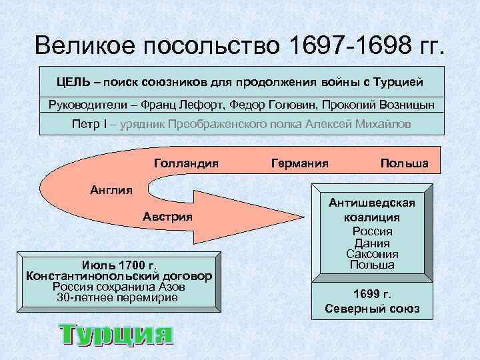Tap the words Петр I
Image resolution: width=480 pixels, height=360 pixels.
point(93,125)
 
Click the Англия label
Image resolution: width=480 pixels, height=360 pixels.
point(111,189)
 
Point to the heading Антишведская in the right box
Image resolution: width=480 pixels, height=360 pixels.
point(371,203)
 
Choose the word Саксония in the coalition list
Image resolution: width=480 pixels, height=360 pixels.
point(372,254)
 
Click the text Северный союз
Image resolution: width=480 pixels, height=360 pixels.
point(371,309)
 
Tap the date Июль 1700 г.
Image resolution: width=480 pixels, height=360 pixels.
point(118,264)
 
